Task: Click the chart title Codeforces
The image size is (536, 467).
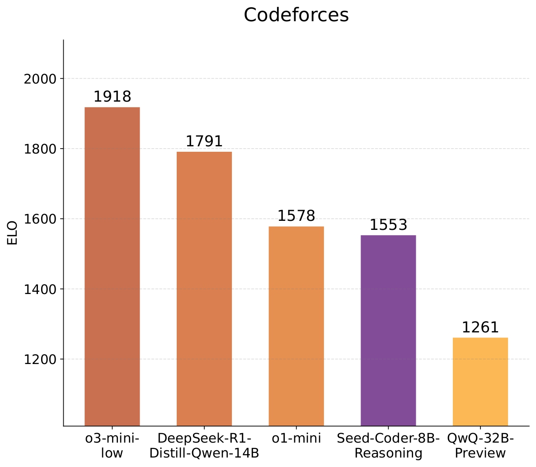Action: (x=296, y=15)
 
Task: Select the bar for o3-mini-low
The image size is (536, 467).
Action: (x=112, y=266)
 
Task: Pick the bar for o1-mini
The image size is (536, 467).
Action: (x=296, y=326)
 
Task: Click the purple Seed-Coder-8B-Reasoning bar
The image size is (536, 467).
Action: (x=388, y=330)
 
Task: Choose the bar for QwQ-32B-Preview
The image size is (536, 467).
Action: (x=480, y=381)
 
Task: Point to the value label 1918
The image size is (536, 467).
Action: (x=112, y=97)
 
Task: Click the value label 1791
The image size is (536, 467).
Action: (x=204, y=141)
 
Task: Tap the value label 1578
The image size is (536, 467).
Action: (x=296, y=216)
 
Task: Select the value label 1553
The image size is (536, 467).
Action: (x=388, y=225)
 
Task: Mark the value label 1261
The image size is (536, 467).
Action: (x=480, y=327)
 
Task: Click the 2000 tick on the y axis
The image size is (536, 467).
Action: (x=40, y=79)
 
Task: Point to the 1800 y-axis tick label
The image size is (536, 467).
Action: (x=40, y=149)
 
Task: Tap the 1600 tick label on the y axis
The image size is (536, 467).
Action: (x=40, y=219)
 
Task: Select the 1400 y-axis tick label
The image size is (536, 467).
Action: (x=40, y=290)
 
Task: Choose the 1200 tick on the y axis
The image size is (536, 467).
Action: (x=40, y=360)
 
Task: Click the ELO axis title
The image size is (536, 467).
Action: (x=13, y=233)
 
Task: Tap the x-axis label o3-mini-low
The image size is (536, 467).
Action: (x=112, y=446)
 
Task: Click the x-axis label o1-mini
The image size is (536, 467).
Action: (x=296, y=439)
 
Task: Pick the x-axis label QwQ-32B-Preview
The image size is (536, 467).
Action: (x=480, y=446)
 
